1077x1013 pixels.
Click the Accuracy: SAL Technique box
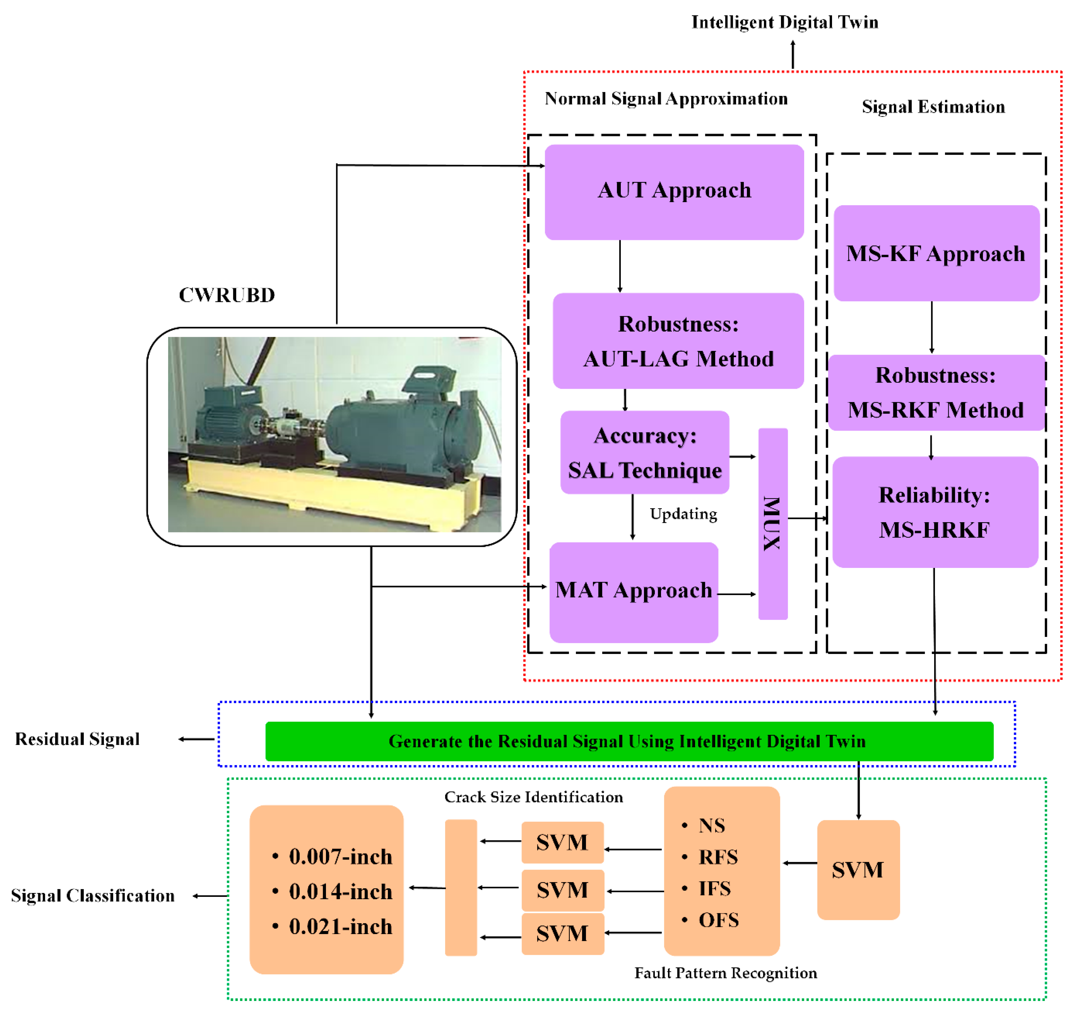coord(644,452)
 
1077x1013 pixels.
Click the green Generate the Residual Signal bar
coord(628,741)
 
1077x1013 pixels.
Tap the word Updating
coord(683,514)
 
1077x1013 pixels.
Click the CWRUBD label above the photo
coord(227,295)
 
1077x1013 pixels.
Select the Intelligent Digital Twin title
coord(784,22)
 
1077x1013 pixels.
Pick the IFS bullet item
coord(714,888)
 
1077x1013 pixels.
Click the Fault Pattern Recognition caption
coord(726,973)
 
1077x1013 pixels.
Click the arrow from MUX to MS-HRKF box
coord(807,518)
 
